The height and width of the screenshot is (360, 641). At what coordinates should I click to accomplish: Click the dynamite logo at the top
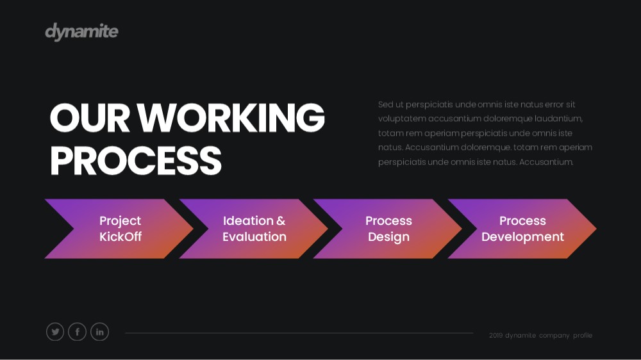pyautogui.click(x=82, y=31)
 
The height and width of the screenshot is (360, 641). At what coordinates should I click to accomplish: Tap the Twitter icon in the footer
pyautogui.click(x=55, y=332)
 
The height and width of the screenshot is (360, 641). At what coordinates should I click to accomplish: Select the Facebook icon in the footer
pyautogui.click(x=78, y=332)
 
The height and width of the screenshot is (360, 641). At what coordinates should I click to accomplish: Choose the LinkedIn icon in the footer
pyautogui.click(x=100, y=332)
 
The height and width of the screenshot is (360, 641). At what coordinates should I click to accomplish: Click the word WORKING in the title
pyautogui.click(x=231, y=118)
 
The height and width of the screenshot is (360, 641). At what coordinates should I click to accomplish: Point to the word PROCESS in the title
pyautogui.click(x=136, y=161)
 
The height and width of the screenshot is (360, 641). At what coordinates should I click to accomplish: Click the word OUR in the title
pyautogui.click(x=90, y=118)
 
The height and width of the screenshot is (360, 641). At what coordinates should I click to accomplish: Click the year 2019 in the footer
pyautogui.click(x=496, y=336)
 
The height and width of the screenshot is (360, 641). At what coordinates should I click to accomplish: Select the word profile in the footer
pyautogui.click(x=583, y=336)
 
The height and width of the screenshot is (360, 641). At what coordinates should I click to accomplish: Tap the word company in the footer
pyautogui.click(x=554, y=336)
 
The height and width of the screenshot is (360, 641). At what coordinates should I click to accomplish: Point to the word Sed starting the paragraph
pyautogui.click(x=385, y=104)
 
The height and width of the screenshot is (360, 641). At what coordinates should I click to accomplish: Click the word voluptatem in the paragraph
pyautogui.click(x=401, y=119)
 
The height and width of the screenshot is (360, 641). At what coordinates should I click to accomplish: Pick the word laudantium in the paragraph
pyautogui.click(x=558, y=119)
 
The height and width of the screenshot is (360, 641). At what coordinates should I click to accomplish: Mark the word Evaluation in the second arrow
pyautogui.click(x=254, y=236)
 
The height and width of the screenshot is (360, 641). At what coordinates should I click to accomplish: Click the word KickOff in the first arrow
pyautogui.click(x=121, y=236)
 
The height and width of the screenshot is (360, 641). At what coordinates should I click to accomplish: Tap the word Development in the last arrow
pyautogui.click(x=522, y=237)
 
